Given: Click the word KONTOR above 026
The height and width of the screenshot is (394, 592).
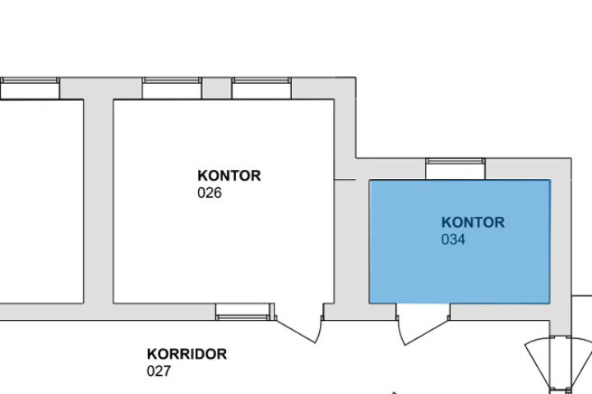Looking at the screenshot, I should pos(229,176).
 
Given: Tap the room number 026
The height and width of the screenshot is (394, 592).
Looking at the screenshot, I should pos(210,194).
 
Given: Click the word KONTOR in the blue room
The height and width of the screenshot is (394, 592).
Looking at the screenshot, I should pos(473,222).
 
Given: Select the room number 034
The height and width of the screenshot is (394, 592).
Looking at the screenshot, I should pos(453,241).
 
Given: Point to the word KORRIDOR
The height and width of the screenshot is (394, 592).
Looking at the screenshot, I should pos(187,355).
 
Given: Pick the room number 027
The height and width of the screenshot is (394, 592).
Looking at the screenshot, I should pos(159,372).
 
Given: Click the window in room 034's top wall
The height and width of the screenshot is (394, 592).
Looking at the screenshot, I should pos(456,167).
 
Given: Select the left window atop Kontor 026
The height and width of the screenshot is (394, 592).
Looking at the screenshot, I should pos(172,88).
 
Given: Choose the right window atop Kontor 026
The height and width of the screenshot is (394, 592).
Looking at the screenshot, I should pos(261,88).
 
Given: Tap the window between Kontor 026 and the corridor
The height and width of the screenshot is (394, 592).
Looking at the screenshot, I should pos(243,311).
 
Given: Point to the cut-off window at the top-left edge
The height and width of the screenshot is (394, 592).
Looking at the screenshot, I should pos(29,88).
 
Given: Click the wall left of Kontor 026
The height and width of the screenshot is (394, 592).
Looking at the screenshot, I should pos(98,197).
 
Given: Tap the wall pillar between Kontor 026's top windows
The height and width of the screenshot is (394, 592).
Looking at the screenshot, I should pos(216,88).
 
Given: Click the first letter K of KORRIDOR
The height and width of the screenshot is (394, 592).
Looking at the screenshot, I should pos(152,355).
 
